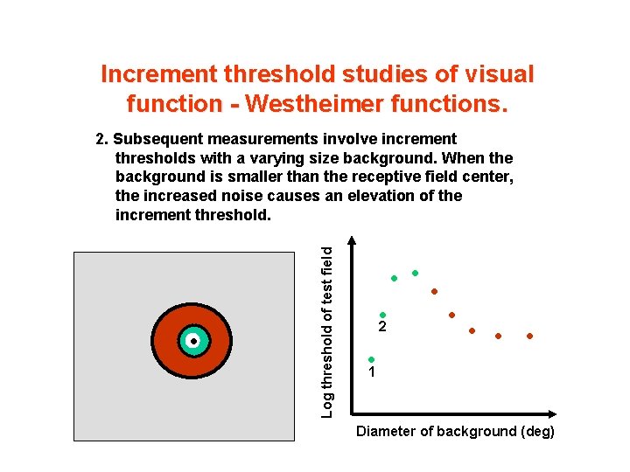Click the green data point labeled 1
click(x=371, y=359)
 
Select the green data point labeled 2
click(x=382, y=316)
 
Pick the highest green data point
click(x=415, y=273)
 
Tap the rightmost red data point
click(x=529, y=336)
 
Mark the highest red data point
click(x=433, y=291)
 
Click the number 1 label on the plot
click(x=372, y=372)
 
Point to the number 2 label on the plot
click(x=382, y=328)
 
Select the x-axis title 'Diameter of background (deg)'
click(x=455, y=432)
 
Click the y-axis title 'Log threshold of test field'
click(x=326, y=330)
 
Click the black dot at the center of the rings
click(x=192, y=341)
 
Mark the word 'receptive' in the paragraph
click(x=378, y=177)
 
